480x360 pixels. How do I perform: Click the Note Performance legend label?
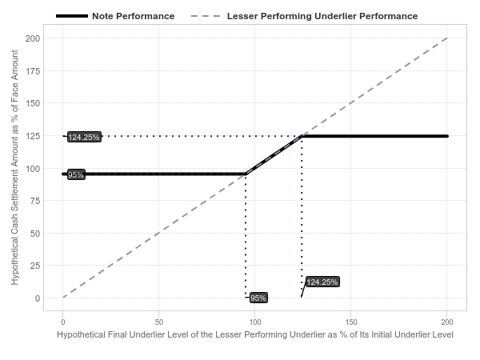[x=133, y=16]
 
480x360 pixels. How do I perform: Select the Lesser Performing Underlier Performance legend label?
[x=322, y=16]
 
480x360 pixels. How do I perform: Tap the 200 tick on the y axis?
[x=33, y=38]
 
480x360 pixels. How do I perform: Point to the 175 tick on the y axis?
[x=33, y=71]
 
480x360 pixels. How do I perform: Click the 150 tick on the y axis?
[x=33, y=103]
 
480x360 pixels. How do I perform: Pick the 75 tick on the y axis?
[x=35, y=201]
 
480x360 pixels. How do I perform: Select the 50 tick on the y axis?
[x=35, y=234]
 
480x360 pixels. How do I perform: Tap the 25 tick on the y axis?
[x=35, y=266]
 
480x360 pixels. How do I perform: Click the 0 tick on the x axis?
[x=63, y=322]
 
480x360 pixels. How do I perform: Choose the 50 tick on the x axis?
[x=159, y=322]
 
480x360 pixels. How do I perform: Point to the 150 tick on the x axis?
[x=351, y=322]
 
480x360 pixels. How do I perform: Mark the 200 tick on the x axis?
[x=447, y=322]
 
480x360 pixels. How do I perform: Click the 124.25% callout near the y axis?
[x=84, y=137]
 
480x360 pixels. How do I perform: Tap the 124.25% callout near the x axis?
[x=322, y=282]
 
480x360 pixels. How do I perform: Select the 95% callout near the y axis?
[x=76, y=174]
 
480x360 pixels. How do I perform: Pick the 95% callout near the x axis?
[x=258, y=298]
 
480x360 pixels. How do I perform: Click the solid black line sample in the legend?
[x=72, y=16]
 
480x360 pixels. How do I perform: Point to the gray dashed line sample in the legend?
[x=206, y=16]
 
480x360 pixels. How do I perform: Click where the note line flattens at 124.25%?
[x=302, y=136]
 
